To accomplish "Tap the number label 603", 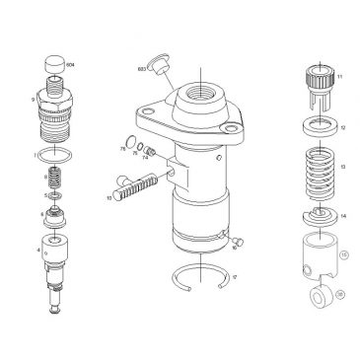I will (x=143, y=69).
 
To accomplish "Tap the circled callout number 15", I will (x=343, y=253).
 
